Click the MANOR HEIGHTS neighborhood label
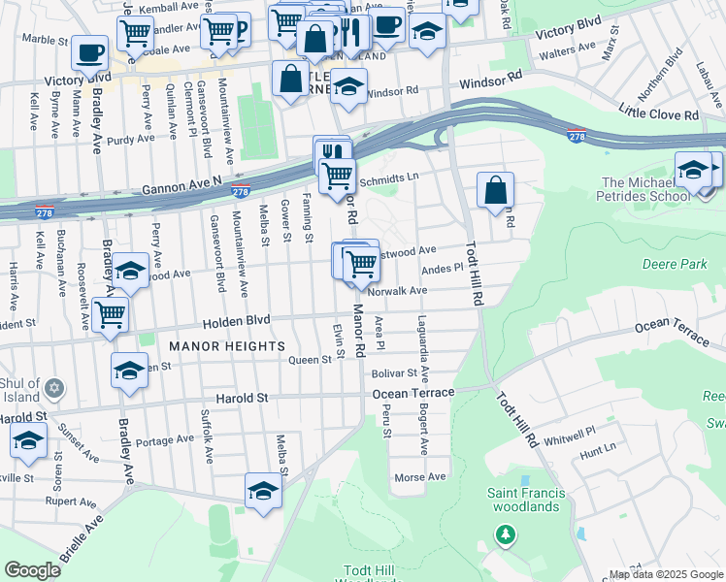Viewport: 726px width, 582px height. [x=227, y=345]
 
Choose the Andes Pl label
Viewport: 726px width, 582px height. [x=444, y=269]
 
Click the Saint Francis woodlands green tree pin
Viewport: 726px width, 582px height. [x=504, y=534]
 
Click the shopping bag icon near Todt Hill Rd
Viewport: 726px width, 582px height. [x=495, y=191]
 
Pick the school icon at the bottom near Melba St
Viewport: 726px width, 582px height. [x=263, y=492]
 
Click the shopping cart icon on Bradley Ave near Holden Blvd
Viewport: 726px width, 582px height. [x=112, y=314]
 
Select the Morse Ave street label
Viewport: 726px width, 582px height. [x=419, y=477]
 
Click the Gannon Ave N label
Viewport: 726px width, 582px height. [x=182, y=181]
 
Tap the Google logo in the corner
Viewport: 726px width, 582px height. [x=32, y=570]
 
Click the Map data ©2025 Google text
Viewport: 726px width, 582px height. [x=666, y=574]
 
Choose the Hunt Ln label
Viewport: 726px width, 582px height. [x=597, y=449]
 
